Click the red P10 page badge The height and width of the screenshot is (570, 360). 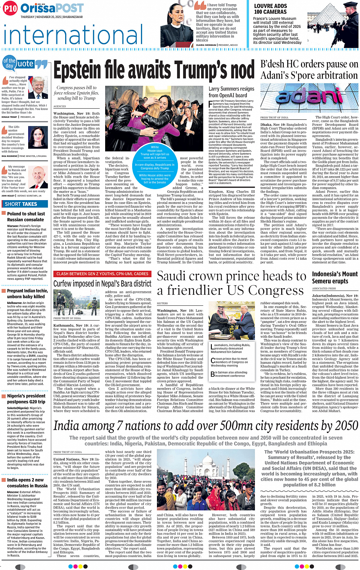point(10,8)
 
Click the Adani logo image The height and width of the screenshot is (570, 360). point(309,97)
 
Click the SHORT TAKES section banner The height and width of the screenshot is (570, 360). point(21,204)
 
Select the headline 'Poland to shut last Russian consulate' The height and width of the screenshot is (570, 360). point(26,217)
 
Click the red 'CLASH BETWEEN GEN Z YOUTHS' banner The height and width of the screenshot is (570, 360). point(102,274)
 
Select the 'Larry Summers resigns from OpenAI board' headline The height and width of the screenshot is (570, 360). point(231,92)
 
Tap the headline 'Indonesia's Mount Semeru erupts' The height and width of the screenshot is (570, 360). point(335,277)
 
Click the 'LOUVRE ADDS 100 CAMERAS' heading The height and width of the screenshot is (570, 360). point(270,9)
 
